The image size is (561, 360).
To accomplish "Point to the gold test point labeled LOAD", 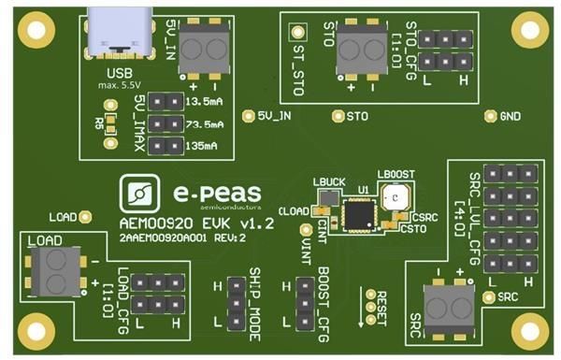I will click(x=86, y=216).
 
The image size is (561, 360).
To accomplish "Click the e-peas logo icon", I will click(x=143, y=194).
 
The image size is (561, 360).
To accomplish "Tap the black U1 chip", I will click(x=357, y=213).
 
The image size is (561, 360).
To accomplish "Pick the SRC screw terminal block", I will click(x=443, y=306).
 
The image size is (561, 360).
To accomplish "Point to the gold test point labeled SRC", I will click(x=489, y=297).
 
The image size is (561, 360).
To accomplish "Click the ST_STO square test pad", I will click(x=297, y=33).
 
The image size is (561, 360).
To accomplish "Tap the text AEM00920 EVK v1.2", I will click(x=197, y=224).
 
